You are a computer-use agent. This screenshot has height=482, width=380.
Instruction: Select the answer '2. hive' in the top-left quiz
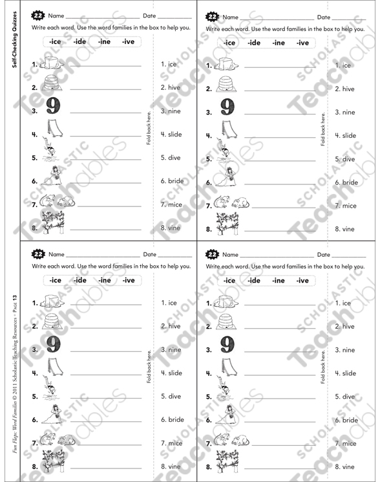pyautogui.click(x=171, y=87)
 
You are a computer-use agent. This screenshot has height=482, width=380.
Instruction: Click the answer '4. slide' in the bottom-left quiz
pyautogui.click(x=171, y=373)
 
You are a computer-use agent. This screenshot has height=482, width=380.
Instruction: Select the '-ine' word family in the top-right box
pyautogui.click(x=279, y=43)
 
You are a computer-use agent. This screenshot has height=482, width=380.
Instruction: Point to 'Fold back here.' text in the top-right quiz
pyautogui.click(x=322, y=130)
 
